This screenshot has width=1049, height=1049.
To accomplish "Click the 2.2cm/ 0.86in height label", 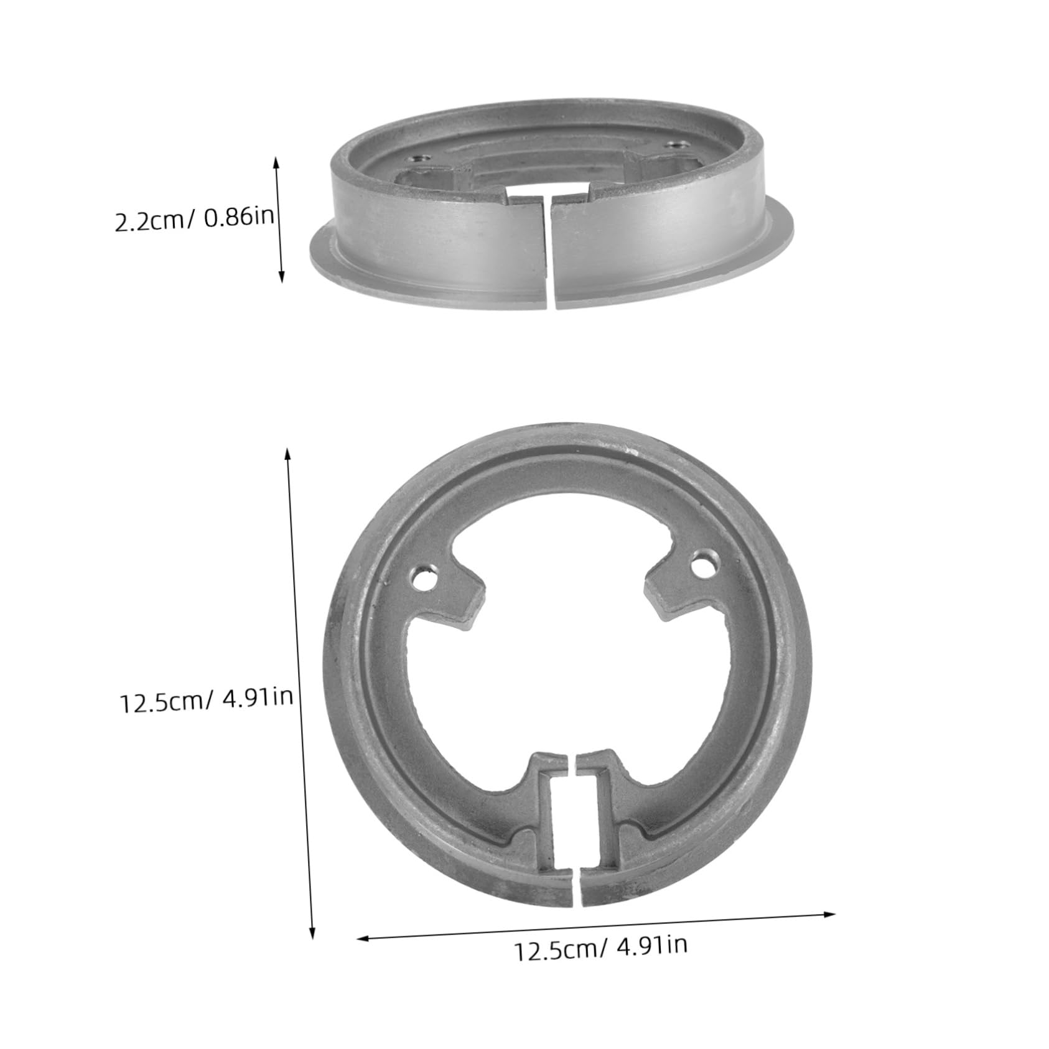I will tap(195, 220).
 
